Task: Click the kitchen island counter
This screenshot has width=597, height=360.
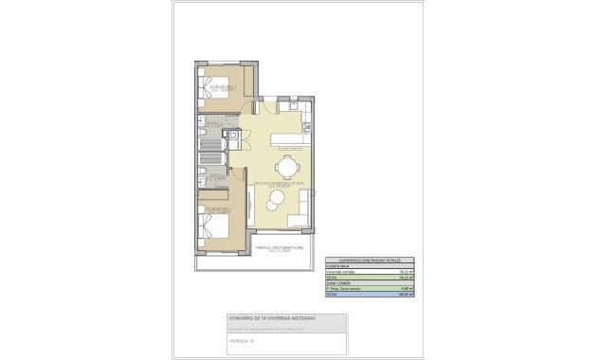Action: (288, 139)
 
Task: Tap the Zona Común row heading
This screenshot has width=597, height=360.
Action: (338, 284)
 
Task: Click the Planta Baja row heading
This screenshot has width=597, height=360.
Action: (338, 266)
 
